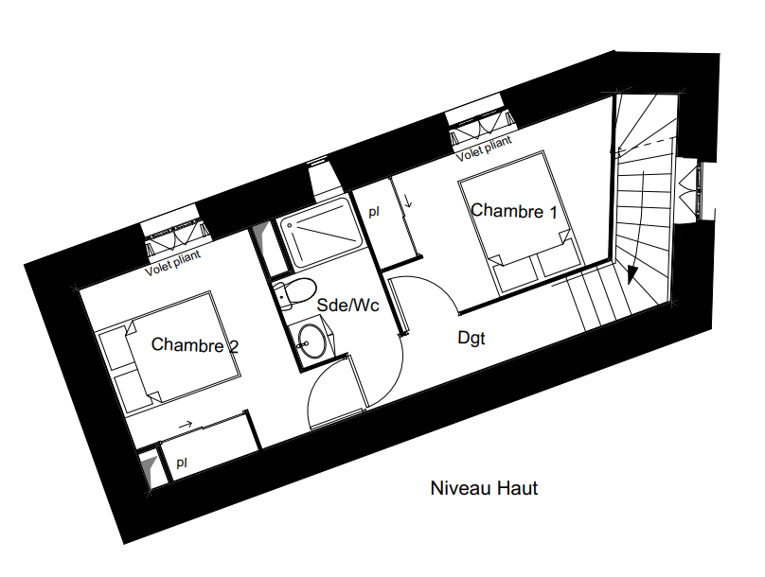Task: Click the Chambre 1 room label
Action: tap(514, 211)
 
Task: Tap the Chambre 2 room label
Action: tap(195, 345)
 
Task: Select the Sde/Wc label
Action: tap(347, 306)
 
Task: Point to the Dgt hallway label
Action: tap(471, 339)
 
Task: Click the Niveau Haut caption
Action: tap(484, 488)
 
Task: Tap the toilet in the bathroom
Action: tap(294, 292)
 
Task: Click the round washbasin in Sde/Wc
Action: tap(311, 341)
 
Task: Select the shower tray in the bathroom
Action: tap(320, 233)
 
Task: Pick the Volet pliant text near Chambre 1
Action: tap(484, 149)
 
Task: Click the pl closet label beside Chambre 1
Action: tap(374, 212)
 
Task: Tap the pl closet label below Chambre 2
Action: tap(182, 462)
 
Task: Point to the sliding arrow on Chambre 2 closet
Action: tap(186, 425)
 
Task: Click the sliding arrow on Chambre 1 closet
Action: tap(408, 200)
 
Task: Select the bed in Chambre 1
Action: tap(521, 223)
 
